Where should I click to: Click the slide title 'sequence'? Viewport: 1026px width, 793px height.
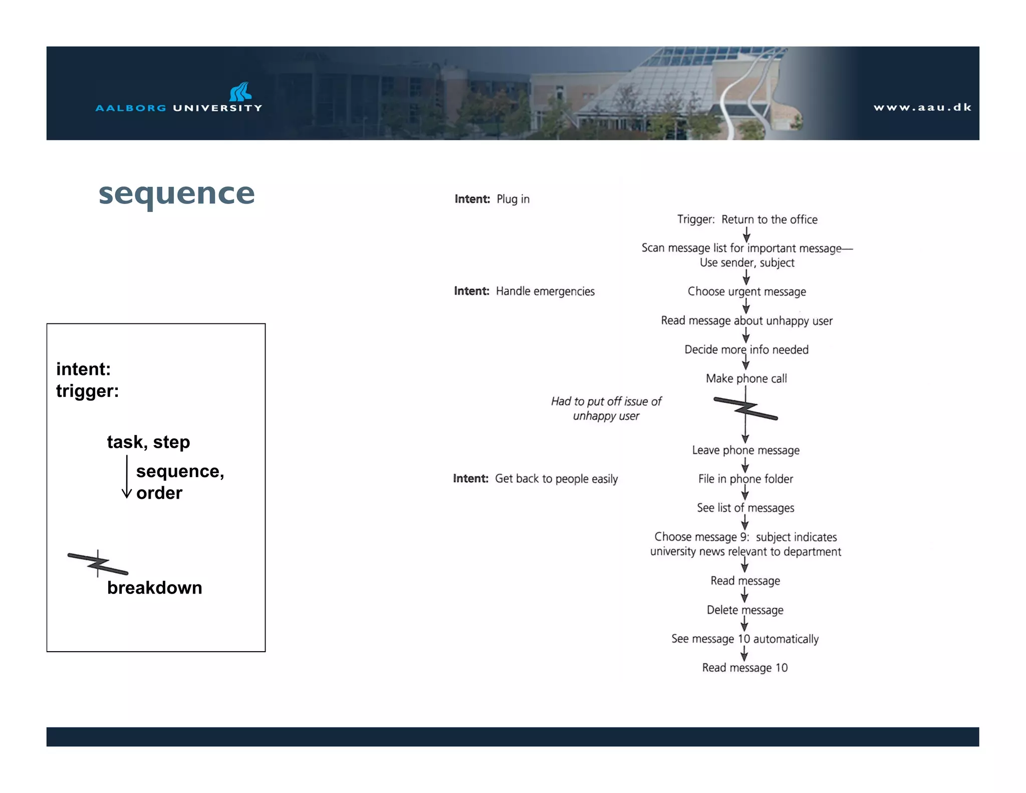(x=176, y=194)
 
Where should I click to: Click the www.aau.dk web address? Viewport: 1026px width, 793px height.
(x=922, y=107)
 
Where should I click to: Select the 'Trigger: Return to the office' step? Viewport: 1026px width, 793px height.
(x=747, y=220)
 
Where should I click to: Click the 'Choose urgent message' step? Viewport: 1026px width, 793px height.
(x=746, y=292)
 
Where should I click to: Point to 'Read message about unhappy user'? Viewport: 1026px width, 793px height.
(x=746, y=321)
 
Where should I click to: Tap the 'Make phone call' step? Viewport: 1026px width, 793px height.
(x=746, y=378)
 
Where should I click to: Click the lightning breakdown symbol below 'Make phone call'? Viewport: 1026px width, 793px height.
(x=745, y=409)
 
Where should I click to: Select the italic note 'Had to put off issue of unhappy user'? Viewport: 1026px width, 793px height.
(x=606, y=409)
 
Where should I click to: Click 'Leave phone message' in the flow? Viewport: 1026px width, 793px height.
(x=745, y=450)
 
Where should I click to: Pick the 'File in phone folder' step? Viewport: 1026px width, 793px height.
(x=745, y=479)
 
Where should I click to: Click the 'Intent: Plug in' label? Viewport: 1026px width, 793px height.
(x=492, y=200)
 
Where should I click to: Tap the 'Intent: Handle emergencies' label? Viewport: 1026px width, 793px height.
(x=524, y=292)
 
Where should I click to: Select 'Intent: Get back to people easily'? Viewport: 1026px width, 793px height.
(x=535, y=479)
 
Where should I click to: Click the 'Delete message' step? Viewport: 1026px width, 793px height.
(x=745, y=610)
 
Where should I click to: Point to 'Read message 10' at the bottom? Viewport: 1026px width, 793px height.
(x=744, y=668)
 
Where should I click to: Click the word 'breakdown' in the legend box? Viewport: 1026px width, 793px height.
(x=154, y=588)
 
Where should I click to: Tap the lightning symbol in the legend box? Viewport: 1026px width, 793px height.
(x=98, y=564)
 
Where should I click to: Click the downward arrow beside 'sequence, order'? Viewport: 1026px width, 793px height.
(x=127, y=477)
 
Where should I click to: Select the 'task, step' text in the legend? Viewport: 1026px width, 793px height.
(x=148, y=442)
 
